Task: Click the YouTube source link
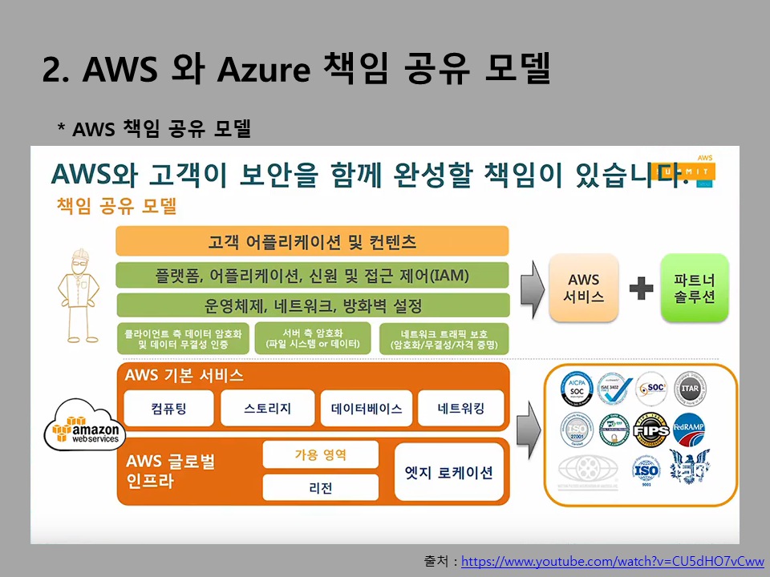613,562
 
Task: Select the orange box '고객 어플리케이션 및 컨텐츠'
312,241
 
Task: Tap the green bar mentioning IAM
312,275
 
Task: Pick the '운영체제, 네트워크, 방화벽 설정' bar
312,305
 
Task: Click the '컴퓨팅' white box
169,409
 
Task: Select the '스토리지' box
267,409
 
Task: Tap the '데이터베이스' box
367,409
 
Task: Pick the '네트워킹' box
461,409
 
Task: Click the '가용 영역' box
320,454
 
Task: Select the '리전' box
320,487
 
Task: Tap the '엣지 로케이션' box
448,471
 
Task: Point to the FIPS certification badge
650,430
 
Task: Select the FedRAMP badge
689,430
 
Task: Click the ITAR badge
690,389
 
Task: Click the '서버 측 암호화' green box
311,338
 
